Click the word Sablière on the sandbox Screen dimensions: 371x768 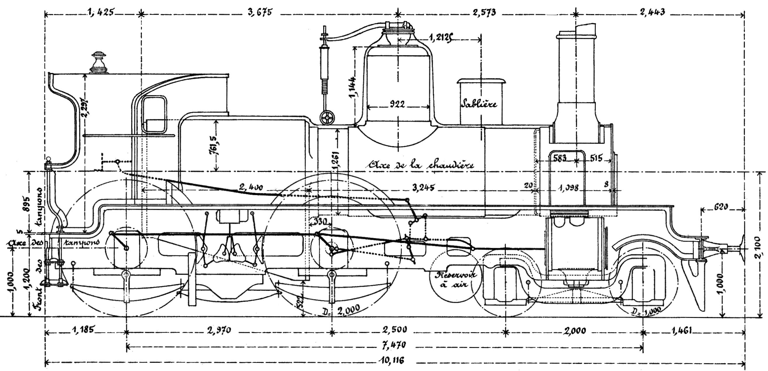click(479, 104)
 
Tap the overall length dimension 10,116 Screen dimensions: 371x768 click(393, 360)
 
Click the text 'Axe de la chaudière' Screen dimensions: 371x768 click(421, 165)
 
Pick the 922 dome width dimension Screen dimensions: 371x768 click(397, 104)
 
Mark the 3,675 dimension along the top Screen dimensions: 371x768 click(260, 13)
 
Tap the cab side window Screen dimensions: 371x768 click(154, 114)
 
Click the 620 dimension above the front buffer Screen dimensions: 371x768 click(721, 206)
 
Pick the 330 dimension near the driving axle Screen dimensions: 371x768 click(320, 222)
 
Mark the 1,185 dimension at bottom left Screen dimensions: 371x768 click(83, 330)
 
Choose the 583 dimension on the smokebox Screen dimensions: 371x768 click(559, 158)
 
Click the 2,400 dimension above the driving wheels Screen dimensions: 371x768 click(251, 187)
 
